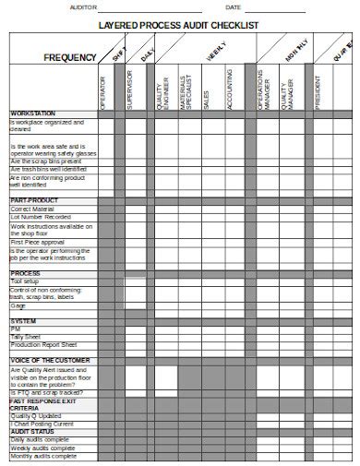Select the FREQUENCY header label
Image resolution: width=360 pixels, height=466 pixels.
[69, 58]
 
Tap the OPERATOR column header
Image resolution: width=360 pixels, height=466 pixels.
[102, 92]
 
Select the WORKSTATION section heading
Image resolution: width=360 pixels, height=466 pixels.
[34, 114]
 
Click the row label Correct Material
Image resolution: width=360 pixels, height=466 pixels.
[32, 209]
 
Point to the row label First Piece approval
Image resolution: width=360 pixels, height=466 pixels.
[39, 241]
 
